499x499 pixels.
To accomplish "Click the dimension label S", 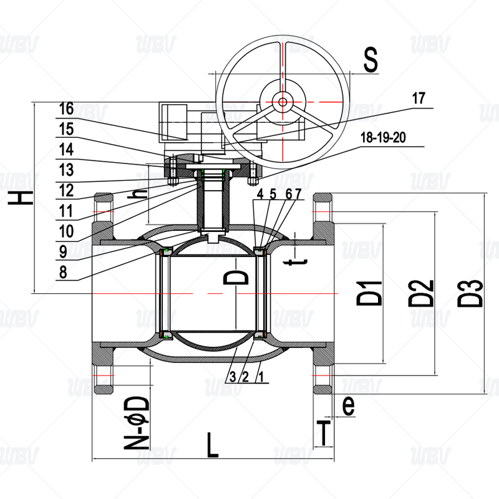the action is click(x=371, y=59).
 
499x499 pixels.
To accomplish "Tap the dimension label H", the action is click(x=21, y=198).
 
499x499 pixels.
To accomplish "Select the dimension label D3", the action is click(x=470, y=293).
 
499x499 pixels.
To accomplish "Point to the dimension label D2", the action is click(x=420, y=293).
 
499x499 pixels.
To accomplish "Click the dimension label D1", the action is click(x=369, y=293).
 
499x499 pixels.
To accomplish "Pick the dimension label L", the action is click(x=213, y=445).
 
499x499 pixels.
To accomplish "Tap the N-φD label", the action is click(x=137, y=423).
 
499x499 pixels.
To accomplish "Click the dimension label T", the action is click(x=324, y=433).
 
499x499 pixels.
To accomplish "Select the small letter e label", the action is click(x=348, y=405).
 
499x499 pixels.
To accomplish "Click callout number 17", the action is click(x=419, y=99).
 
